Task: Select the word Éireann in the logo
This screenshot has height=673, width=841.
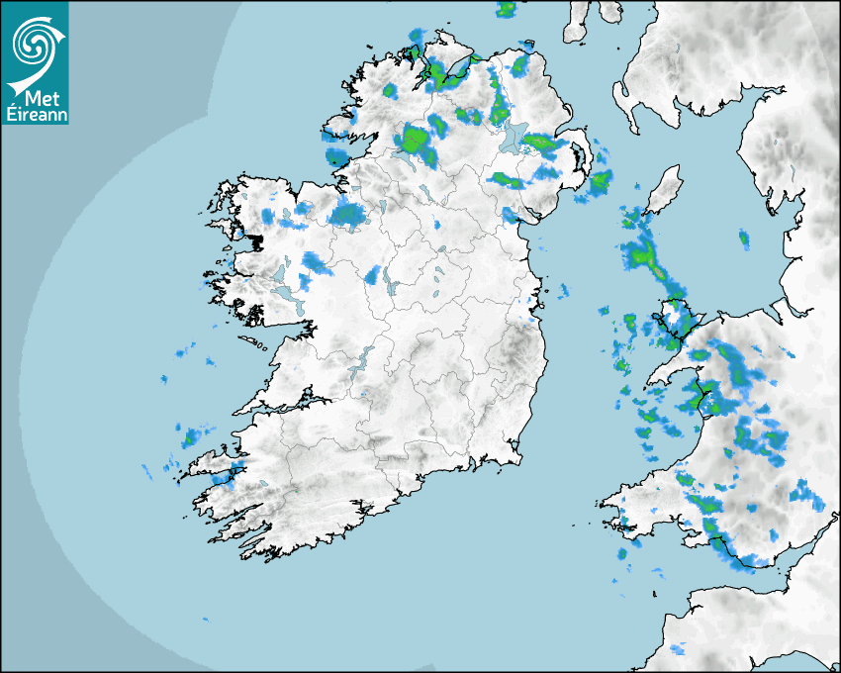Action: [36, 115]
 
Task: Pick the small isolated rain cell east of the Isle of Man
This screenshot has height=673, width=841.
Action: [744, 238]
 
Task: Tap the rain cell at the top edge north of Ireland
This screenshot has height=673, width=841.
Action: [507, 10]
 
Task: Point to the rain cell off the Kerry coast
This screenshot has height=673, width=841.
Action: [191, 435]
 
